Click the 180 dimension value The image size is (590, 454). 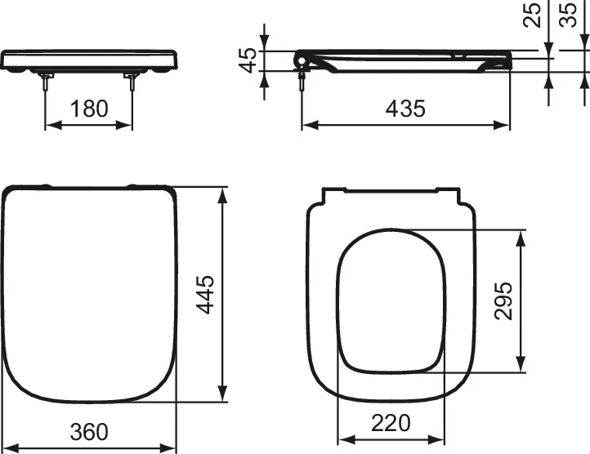click(x=88, y=108)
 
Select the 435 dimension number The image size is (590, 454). click(x=405, y=108)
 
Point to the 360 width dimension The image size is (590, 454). click(x=88, y=430)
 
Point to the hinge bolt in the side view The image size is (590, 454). click(x=303, y=78)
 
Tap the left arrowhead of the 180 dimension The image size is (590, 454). click(x=50, y=125)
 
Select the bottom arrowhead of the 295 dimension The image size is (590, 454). click(x=521, y=367)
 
